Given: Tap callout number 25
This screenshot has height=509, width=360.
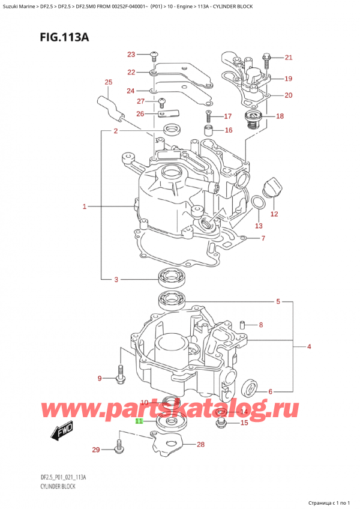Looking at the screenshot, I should pyautogui.click(x=108, y=82).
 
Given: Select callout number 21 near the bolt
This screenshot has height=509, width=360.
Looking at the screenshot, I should pyautogui.click(x=288, y=58).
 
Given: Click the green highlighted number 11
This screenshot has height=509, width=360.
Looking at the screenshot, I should pyautogui.click(x=139, y=421).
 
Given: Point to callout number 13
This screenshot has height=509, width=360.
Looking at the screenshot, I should pyautogui.click(x=259, y=226).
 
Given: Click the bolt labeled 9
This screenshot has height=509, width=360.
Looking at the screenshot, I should pyautogui.click(x=120, y=376).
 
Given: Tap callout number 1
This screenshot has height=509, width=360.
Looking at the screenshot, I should pyautogui.click(x=85, y=207).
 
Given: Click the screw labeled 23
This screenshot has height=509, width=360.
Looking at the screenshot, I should pyautogui.click(x=154, y=55).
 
